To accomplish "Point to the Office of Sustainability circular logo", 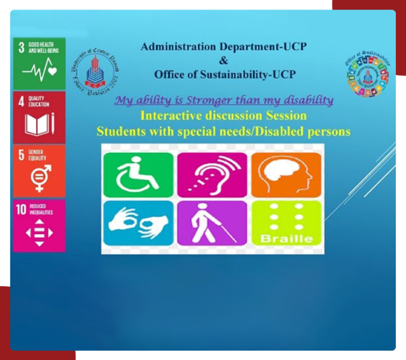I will point(368,73).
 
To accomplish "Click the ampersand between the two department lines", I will point(224,60).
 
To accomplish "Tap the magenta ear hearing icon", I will point(212,175).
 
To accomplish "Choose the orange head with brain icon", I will point(286,175).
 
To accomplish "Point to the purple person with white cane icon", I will point(212,222).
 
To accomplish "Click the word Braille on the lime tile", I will point(286,238).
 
